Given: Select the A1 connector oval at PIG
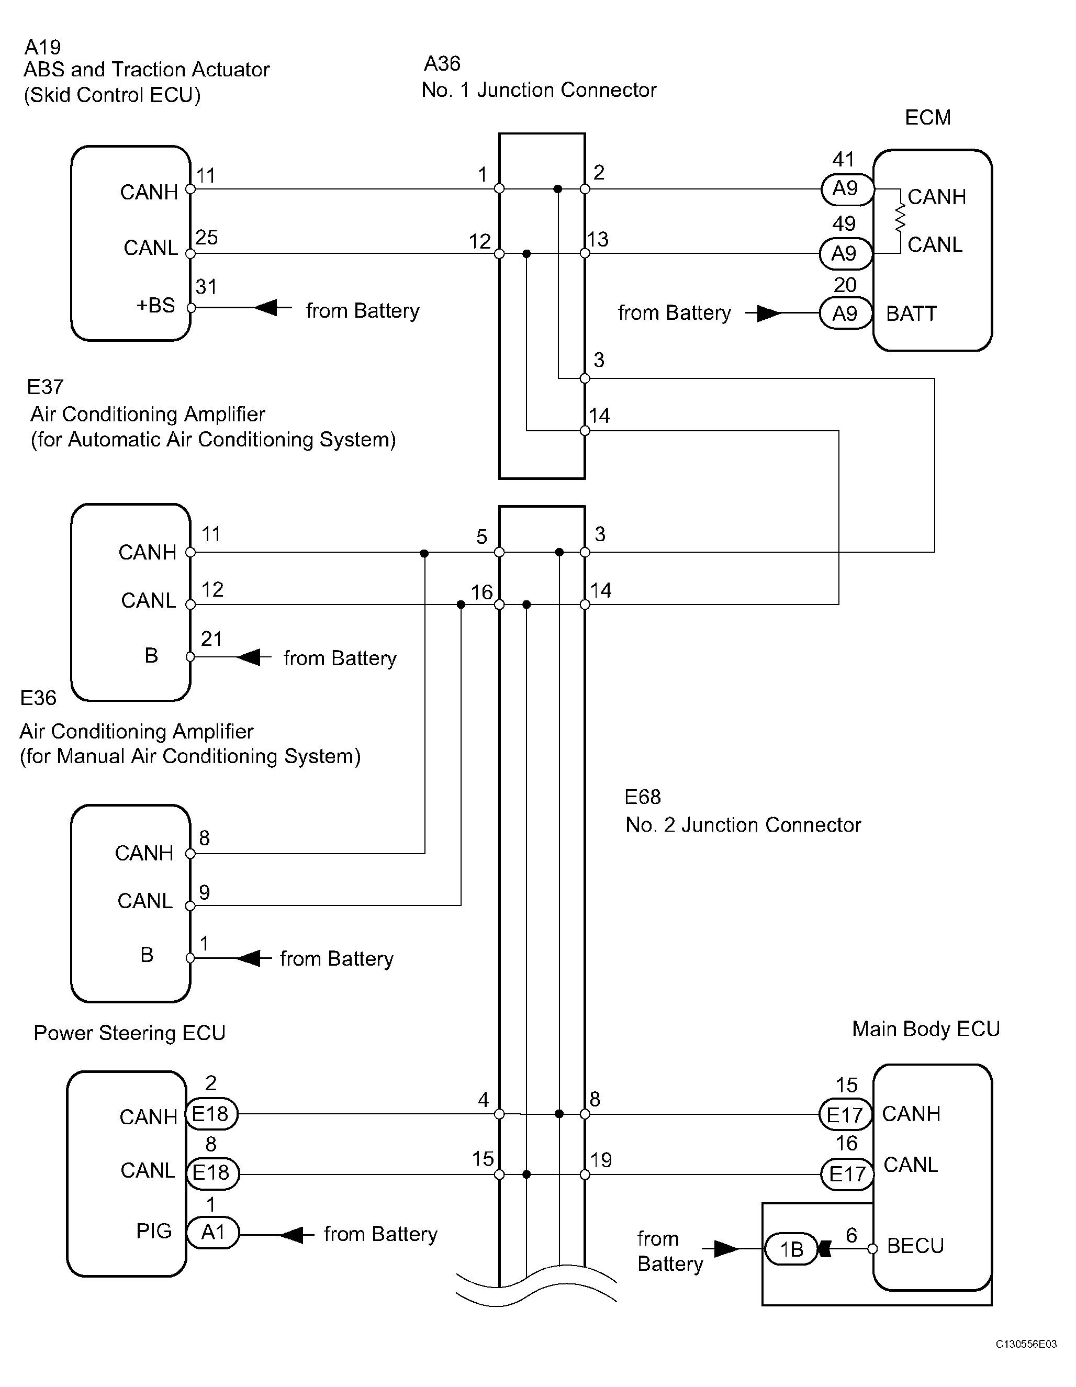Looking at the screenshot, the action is (x=214, y=1232).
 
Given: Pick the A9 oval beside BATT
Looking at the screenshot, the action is (x=845, y=313).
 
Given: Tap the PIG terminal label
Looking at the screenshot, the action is (x=154, y=1231).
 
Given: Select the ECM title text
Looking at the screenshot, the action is (x=927, y=117).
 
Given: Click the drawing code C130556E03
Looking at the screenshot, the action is (x=1026, y=1361).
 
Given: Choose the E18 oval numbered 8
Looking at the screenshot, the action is (x=213, y=1172).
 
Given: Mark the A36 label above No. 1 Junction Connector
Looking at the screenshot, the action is (x=442, y=63).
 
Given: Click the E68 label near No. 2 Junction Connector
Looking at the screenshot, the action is (x=643, y=797).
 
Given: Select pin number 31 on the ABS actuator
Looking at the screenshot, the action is (x=206, y=287).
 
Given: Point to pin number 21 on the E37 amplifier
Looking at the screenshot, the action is (x=211, y=639).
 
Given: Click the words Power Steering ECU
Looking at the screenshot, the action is (x=130, y=1033).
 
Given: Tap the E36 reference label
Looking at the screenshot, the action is (x=38, y=698).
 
